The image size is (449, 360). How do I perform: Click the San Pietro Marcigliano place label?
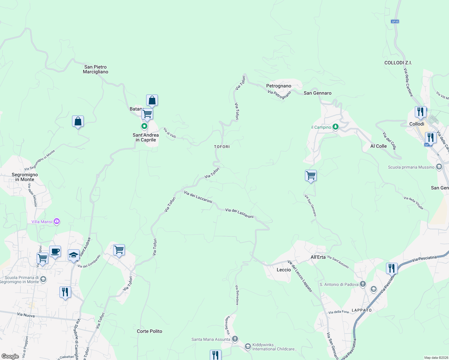[x=95, y=69]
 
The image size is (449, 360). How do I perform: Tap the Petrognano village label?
[x=279, y=86]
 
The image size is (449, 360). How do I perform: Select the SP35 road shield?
[x=395, y=22]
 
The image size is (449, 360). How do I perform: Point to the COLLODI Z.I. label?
[x=398, y=63]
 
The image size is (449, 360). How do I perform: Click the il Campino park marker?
[x=336, y=127]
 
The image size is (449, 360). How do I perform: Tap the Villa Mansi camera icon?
[x=57, y=222]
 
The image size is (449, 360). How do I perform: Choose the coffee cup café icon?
[x=55, y=251]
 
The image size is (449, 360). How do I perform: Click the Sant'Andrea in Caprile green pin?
[x=144, y=126]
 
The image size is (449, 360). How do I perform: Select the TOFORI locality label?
[x=222, y=147]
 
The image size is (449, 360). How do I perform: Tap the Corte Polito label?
[x=149, y=331]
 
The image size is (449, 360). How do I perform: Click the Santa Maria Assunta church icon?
[x=235, y=339]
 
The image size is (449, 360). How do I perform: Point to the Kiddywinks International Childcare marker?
[x=248, y=346]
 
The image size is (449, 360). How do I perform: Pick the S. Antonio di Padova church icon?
[x=363, y=284]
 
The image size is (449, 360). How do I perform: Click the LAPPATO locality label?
[x=362, y=310]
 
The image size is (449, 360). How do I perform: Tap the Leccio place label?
[x=284, y=270]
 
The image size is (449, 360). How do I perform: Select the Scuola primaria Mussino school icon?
[x=439, y=167]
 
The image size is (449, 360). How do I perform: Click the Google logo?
[x=10, y=356]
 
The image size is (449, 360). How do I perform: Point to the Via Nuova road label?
[x=26, y=315]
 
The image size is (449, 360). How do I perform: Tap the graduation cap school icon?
[x=74, y=255]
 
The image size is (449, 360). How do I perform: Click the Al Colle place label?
[x=378, y=146]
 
